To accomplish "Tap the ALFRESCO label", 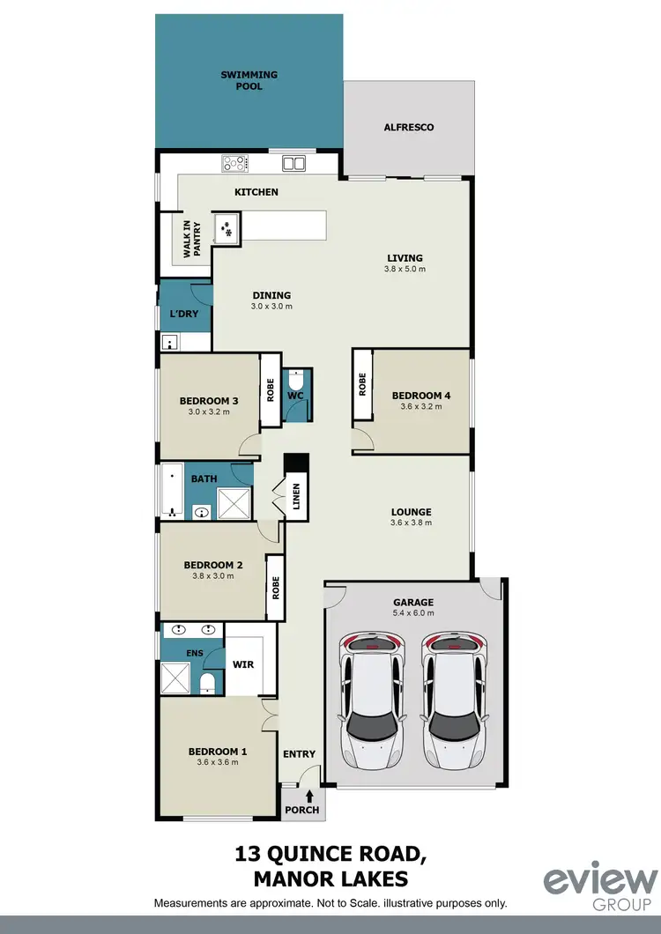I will (408, 128).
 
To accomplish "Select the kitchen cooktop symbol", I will (235, 164).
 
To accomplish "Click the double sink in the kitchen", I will (293, 164).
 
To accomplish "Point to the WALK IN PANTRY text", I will (191, 239).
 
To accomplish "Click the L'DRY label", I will (184, 315).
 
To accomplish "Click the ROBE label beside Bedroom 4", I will (362, 385).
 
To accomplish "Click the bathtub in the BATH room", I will (171, 490).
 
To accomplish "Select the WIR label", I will (242, 664).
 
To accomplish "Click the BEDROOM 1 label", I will (218, 752).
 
